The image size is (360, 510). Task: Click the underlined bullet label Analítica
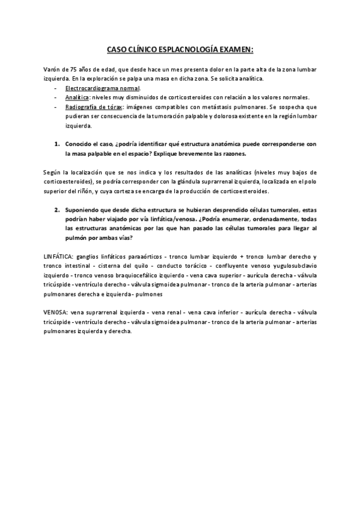pyautogui.click(x=78, y=97)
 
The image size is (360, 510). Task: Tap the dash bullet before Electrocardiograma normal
pyautogui.click(x=55, y=88)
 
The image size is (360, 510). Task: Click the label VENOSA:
pyautogui.click(x=55, y=313)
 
